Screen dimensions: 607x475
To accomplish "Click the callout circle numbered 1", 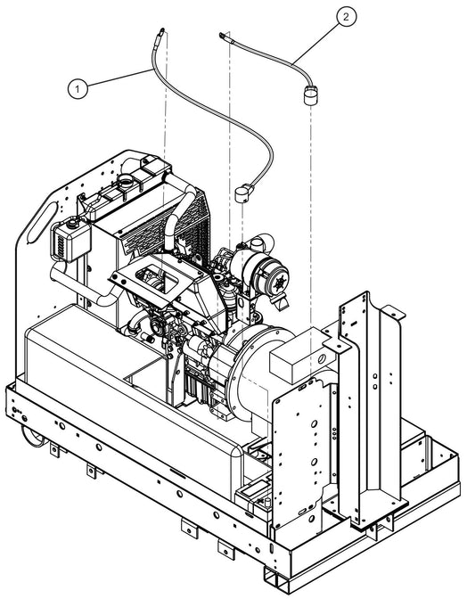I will (x=79, y=87).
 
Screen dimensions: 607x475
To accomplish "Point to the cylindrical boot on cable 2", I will (x=310, y=95).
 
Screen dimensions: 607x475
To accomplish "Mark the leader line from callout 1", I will (x=117, y=78).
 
